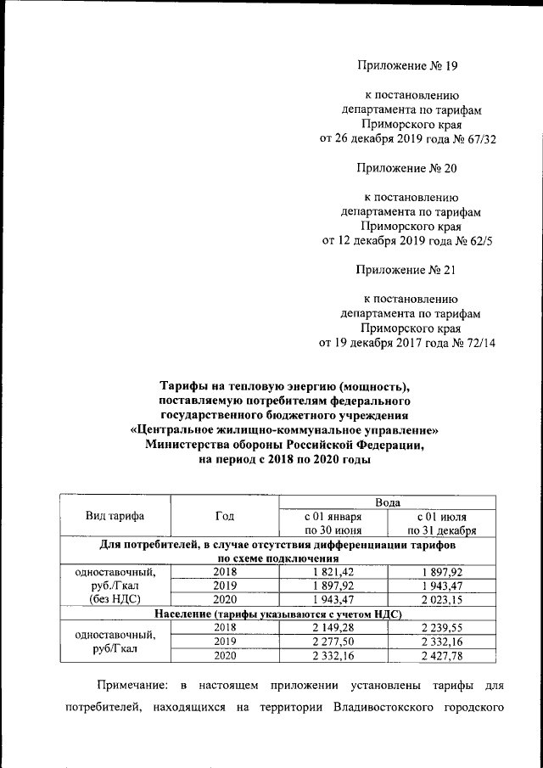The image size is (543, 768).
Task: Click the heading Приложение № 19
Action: pos(407,64)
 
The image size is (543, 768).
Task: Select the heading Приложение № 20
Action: pos(407,168)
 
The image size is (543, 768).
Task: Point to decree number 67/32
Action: pos(476,138)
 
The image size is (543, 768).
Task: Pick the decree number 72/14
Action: pos(476,343)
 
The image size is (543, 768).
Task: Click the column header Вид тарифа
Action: pos(115,516)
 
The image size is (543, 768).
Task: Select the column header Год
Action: pos(225,516)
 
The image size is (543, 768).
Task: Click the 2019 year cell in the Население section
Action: pos(225,641)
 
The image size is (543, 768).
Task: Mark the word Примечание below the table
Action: pos(128,684)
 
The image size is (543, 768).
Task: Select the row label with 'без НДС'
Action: pos(115,599)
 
